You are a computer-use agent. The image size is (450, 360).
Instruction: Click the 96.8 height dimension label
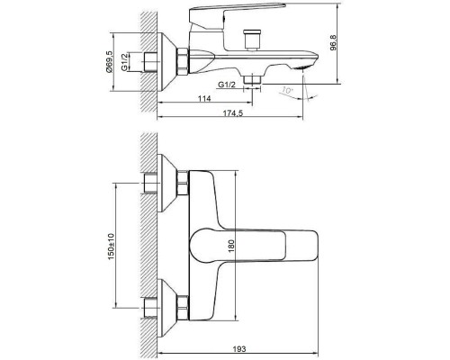(x=333, y=43)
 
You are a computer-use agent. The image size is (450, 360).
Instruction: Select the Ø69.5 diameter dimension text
(x=110, y=62)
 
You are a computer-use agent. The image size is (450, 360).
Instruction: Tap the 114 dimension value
(x=204, y=98)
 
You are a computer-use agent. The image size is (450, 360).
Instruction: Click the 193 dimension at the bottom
(x=239, y=349)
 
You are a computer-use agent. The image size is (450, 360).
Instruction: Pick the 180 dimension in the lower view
(x=231, y=246)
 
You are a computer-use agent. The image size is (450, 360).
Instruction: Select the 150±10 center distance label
(x=111, y=247)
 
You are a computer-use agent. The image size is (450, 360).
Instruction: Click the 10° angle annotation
(x=287, y=90)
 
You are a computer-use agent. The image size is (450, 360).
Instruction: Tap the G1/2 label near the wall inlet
(x=125, y=62)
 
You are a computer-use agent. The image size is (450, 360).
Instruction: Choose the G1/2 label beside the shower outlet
(x=227, y=85)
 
